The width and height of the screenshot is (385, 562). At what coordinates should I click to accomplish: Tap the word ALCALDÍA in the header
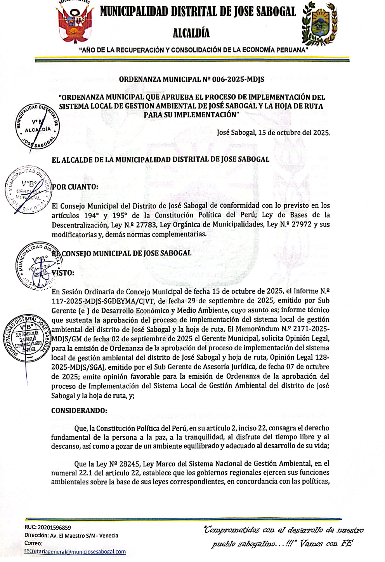pos(191,33)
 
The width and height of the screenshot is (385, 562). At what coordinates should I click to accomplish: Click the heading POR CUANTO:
pos(75,187)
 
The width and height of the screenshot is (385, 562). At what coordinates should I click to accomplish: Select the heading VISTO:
pos(63,273)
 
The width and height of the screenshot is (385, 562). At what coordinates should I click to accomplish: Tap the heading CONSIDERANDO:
pos(79,411)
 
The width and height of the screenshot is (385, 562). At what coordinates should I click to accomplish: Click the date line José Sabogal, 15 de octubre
pos(274,132)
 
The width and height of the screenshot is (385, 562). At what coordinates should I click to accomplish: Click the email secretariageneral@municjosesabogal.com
pos(75,552)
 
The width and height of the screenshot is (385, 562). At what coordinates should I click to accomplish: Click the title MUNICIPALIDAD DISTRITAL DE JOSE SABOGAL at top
pos(198,12)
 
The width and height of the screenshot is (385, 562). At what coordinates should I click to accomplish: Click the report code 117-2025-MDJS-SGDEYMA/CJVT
pos(104,301)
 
